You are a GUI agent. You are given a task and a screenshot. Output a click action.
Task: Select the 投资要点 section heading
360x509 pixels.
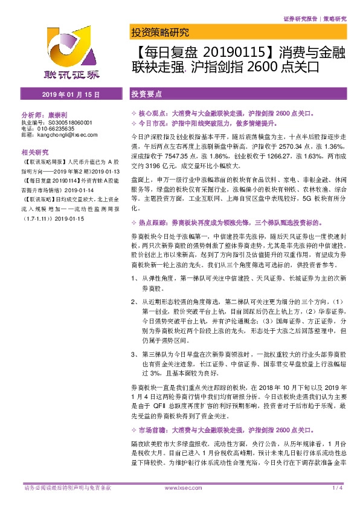click(147, 95)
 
